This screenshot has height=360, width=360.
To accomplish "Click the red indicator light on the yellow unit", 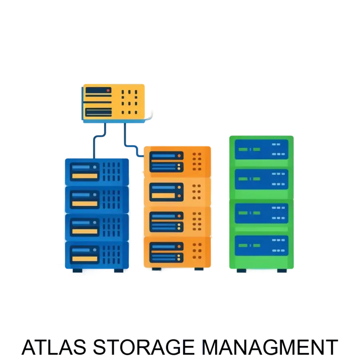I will click(x=108, y=91).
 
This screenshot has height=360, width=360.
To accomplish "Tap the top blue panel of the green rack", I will click(x=261, y=149).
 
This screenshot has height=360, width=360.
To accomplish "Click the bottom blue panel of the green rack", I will click(x=261, y=245).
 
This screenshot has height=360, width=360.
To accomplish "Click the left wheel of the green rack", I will click(x=241, y=272).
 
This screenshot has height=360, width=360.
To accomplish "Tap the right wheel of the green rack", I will click(x=282, y=272).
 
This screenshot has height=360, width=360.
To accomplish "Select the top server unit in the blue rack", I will click(x=97, y=171).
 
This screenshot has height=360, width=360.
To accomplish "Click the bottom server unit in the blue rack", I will click(x=97, y=254).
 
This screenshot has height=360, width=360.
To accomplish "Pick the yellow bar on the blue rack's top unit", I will click(x=85, y=176).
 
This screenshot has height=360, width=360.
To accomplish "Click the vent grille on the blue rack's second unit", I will click(x=112, y=199).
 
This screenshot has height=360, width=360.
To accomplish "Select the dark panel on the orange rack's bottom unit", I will click(x=166, y=252).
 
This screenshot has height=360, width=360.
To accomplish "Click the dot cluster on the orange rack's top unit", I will click(x=197, y=161).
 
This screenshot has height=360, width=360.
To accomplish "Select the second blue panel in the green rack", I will click(x=261, y=179).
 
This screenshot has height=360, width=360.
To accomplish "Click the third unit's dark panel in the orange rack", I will click(x=166, y=222).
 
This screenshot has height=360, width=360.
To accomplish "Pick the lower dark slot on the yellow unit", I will click(x=98, y=112).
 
